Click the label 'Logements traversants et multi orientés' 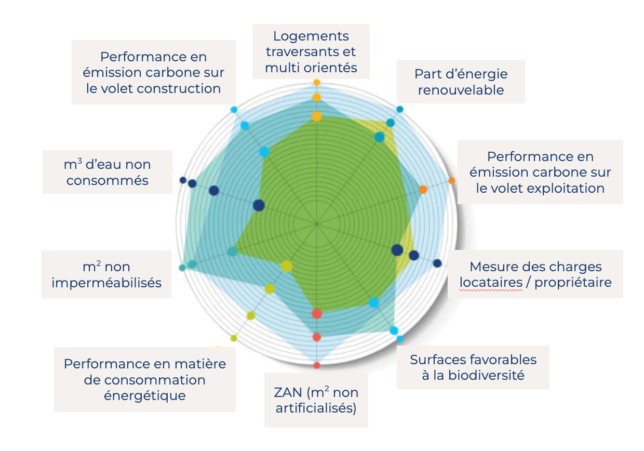coord(311,51)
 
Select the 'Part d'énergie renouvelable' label coord(461,82)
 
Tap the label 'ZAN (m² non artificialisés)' coord(316,400)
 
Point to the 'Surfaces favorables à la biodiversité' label coord(473,367)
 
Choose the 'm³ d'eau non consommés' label coord(107,172)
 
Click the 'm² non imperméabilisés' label coord(106,274)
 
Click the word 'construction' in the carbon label coord(179,88)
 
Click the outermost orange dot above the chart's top coord(317,83)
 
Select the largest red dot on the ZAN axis coord(317,313)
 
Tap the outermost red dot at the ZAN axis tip coord(317,365)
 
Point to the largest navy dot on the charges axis coord(397,250)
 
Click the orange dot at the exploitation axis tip coord(452,180)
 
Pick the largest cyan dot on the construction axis coord(264,152)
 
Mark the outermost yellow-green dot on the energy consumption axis coord(234,338)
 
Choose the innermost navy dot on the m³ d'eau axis coord(259,205)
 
